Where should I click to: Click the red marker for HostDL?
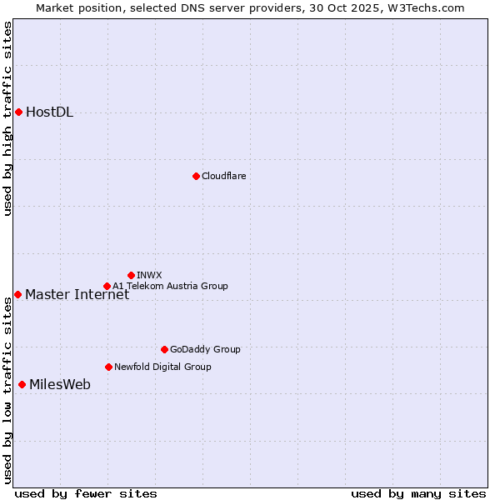pyautogui.click(x=18, y=112)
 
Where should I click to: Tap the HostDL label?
pyautogui.click(x=49, y=112)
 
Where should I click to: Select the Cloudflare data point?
pyautogui.click(x=196, y=176)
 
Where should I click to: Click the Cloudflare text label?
pyautogui.click(x=223, y=176)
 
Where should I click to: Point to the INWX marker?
pyautogui.click(x=131, y=275)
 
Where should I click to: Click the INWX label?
pyautogui.click(x=149, y=275)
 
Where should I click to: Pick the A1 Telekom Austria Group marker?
pyautogui.click(x=107, y=286)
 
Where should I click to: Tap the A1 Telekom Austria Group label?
pyautogui.click(x=170, y=286)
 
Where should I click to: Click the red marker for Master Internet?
pyautogui.click(x=17, y=294)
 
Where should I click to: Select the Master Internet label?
pyautogui.click(x=77, y=294)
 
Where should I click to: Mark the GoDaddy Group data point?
pyautogui.click(x=164, y=349)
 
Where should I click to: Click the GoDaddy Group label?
pyautogui.click(x=204, y=349)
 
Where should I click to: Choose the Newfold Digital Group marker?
pyautogui.click(x=108, y=367)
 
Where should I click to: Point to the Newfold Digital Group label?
pyautogui.click(x=162, y=367)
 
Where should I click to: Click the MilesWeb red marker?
pyautogui.click(x=22, y=384)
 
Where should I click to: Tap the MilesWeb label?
pyautogui.click(x=60, y=384)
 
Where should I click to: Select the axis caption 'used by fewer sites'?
pyautogui.click(x=86, y=493)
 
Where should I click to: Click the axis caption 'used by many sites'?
pyautogui.click(x=418, y=493)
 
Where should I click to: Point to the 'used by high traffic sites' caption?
pyautogui.click(x=7, y=118)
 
